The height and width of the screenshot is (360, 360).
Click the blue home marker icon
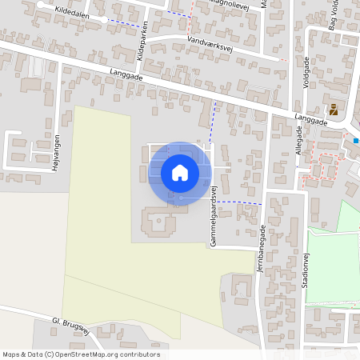pos(180,172)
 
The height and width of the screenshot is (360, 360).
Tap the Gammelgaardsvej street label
pos(214,218)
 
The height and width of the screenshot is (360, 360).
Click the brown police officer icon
pos(334,109)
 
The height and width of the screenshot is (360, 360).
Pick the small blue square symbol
pos(356,141)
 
